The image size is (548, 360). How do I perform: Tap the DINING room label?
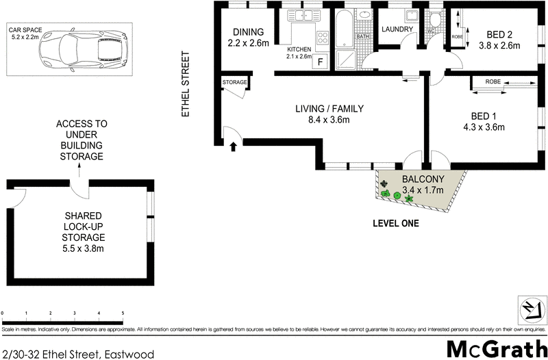tap(248, 32)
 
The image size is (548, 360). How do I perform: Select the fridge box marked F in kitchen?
tap(321, 61)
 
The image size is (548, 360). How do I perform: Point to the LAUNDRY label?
tap(397, 29)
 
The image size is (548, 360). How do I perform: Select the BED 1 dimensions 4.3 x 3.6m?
tap(484, 127)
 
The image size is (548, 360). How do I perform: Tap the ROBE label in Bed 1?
tap(493, 82)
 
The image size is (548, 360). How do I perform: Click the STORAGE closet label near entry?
tap(234, 83)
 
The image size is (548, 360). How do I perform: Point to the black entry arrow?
tap(234, 145)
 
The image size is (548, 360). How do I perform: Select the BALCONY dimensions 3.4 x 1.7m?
tap(423, 190)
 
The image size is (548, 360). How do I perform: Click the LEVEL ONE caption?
tap(395, 223)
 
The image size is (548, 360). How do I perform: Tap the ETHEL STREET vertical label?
tap(184, 83)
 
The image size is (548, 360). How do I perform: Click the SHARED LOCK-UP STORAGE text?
tap(82, 224)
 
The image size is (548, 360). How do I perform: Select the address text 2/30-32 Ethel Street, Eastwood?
tap(77, 353)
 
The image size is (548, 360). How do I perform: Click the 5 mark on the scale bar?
tap(123, 313)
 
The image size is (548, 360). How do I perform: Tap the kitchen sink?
tap(302, 15)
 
